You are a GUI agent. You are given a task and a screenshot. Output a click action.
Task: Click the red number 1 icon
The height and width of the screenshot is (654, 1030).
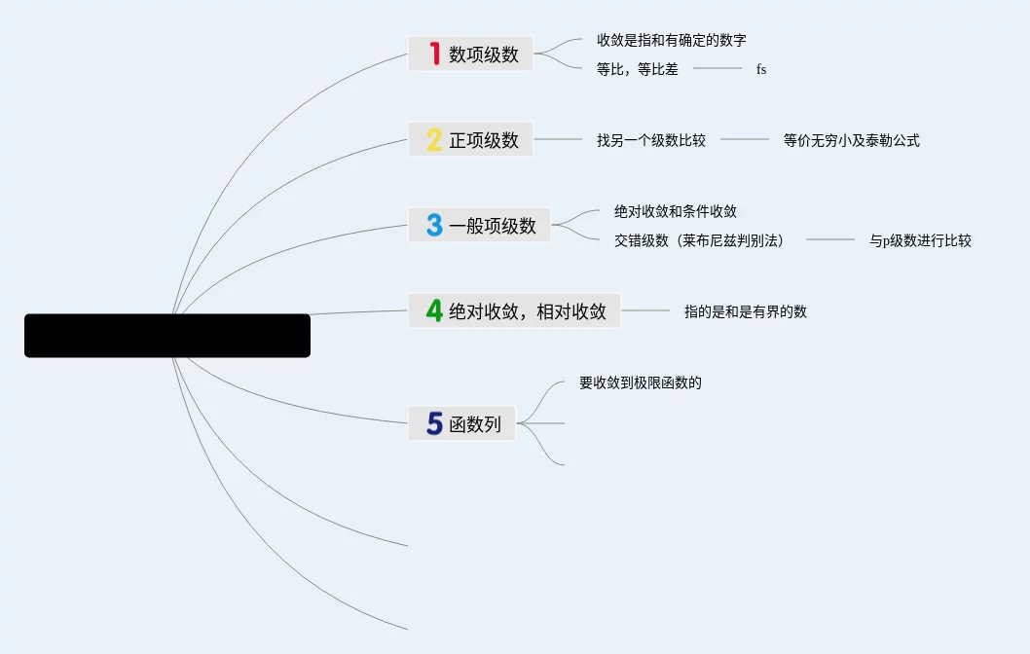pos(434,54)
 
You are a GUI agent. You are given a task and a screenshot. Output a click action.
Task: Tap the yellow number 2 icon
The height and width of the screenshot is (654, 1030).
pos(434,139)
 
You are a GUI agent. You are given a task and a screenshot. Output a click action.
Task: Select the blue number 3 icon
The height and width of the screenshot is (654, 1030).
pos(434,225)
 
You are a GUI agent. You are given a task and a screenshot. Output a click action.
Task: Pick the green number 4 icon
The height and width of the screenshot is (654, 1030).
pos(434,310)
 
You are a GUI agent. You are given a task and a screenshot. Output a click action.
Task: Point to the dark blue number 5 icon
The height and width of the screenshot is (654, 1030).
pos(434,423)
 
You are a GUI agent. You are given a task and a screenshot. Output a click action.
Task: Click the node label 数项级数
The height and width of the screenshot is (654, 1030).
pos(484,54)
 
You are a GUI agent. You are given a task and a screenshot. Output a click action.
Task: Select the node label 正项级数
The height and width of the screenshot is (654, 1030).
pos(484,140)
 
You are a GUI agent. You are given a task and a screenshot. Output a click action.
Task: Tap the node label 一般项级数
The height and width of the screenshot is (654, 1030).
pos(493,226)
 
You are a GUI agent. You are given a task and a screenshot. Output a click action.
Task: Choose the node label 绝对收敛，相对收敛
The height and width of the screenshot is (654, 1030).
pos(528,311)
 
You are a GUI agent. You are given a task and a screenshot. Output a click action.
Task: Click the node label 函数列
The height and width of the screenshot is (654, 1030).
pos(475,424)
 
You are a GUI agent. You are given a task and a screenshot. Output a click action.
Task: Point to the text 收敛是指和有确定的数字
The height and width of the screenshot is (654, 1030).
pos(672,41)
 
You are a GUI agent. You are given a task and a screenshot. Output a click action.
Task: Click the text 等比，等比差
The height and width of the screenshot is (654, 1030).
pos(638,69)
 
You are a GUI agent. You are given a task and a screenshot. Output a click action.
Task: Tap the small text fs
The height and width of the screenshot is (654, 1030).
pos(761,69)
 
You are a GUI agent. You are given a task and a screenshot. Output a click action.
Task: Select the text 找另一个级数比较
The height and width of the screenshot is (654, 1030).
pos(651,140)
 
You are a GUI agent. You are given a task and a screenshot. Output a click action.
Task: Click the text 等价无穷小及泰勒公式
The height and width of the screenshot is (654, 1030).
pos(852,140)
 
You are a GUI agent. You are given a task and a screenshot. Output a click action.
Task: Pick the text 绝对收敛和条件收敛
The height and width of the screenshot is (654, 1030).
pos(676,211)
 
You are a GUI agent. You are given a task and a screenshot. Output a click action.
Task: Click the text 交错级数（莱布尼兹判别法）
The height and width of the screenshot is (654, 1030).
pos(699,240)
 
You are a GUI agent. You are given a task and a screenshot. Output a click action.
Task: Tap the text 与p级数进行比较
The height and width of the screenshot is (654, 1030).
pos(920,240)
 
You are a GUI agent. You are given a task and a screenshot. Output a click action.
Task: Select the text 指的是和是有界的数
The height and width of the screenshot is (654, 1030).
pos(746,311)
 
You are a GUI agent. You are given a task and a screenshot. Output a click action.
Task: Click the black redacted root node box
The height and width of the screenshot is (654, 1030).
pos(167,336)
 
